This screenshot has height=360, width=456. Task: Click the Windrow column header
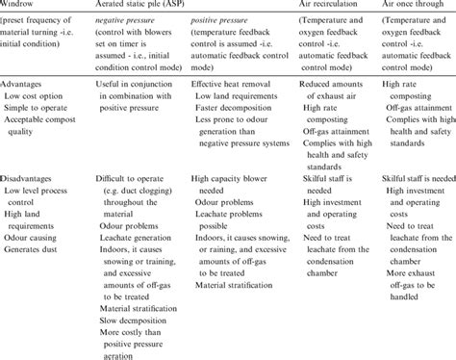(21, 6)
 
